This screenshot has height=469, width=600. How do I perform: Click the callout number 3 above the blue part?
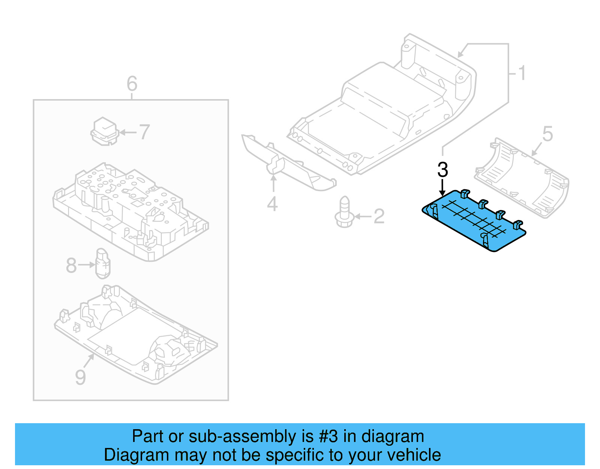pyautogui.click(x=442, y=170)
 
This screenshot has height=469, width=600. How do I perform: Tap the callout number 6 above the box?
pyautogui.click(x=132, y=83)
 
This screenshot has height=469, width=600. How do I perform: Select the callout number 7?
pyautogui.click(x=145, y=132)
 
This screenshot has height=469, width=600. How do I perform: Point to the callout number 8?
pyautogui.click(x=71, y=265)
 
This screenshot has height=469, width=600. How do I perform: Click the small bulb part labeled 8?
pyautogui.click(x=103, y=264)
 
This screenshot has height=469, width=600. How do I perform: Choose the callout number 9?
pyautogui.click(x=80, y=377)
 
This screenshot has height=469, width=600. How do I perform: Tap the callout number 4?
pyautogui.click(x=273, y=204)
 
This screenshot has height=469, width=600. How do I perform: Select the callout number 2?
pyautogui.click(x=379, y=217)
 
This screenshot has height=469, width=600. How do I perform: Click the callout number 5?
pyautogui.click(x=547, y=134)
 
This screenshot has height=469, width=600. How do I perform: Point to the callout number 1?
pyautogui.click(x=522, y=73)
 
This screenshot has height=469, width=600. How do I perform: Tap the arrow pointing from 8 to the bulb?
pyautogui.click(x=87, y=265)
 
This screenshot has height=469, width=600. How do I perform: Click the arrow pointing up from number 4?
pyautogui.click(x=274, y=184)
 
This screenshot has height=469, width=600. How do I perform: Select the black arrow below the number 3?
pyautogui.click(x=442, y=187)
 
